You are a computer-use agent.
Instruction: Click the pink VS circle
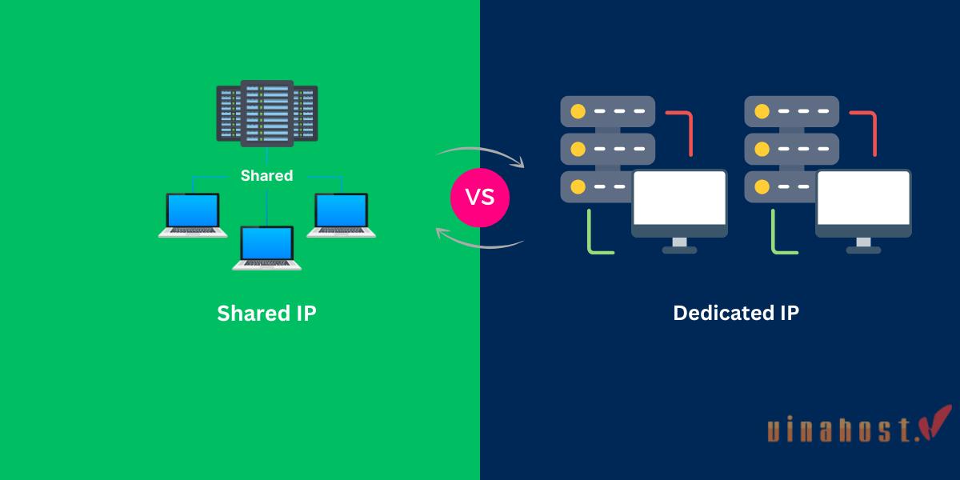coord(480,197)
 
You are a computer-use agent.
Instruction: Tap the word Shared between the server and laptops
coord(266,175)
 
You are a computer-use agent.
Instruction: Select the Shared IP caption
coord(266,314)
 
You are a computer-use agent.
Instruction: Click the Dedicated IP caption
coord(735,314)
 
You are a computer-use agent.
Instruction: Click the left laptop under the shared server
coord(192,215)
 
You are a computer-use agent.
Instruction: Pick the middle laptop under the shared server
coord(267,248)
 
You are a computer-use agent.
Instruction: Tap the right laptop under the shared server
coord(341,214)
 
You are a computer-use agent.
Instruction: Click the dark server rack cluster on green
coord(266,114)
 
